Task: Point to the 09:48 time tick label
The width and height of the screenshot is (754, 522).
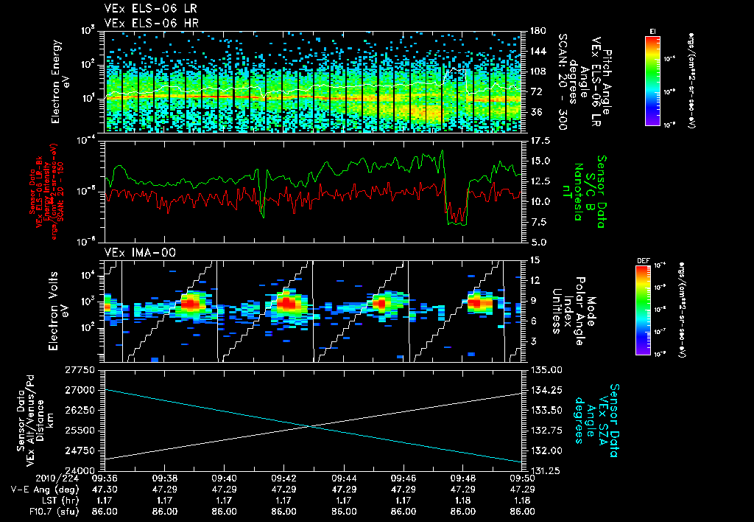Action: click(462, 478)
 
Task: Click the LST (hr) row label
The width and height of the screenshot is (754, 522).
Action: click(30, 500)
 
